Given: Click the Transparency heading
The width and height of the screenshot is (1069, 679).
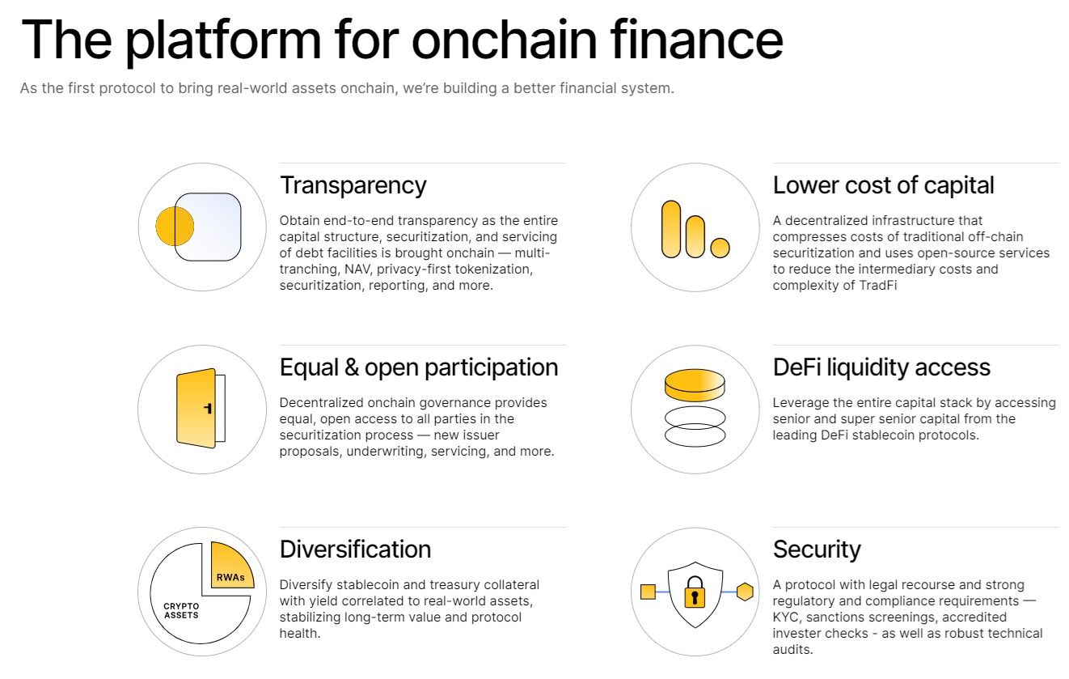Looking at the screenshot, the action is tap(353, 186).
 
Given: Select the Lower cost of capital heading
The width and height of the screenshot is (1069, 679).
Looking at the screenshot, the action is tap(883, 185).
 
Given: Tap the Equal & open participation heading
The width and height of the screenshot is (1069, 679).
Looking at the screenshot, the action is tap(419, 367).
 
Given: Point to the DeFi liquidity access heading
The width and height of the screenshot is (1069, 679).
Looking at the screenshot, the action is tap(881, 367).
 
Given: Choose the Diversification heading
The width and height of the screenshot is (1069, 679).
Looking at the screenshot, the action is tap(356, 550).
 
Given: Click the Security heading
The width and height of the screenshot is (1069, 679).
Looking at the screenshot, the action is tap(817, 550).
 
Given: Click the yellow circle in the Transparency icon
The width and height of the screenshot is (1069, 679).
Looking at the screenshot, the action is tap(175, 227).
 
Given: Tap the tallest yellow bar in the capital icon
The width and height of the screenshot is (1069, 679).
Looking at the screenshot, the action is tap(671, 229).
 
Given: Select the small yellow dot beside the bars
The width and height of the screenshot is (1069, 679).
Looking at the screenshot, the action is tap(720, 248).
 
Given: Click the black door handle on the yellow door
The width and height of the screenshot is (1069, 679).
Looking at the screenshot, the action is tap(208, 408).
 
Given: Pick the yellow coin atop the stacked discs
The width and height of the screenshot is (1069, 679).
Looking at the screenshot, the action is tap(695, 385).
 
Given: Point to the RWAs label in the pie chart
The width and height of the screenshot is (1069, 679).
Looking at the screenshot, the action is tap(230, 577).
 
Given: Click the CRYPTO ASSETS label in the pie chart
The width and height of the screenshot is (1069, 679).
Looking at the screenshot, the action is tap(181, 611).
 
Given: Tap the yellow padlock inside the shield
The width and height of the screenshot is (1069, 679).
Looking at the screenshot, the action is tap(695, 592).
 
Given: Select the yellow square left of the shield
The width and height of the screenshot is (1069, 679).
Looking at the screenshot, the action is tap(648, 592).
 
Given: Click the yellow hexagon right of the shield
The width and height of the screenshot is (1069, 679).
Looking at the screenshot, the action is tap(745, 592).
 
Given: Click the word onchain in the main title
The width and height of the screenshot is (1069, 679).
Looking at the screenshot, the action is tap(504, 40).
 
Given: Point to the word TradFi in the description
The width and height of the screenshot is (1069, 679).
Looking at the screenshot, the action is tap(878, 286).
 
